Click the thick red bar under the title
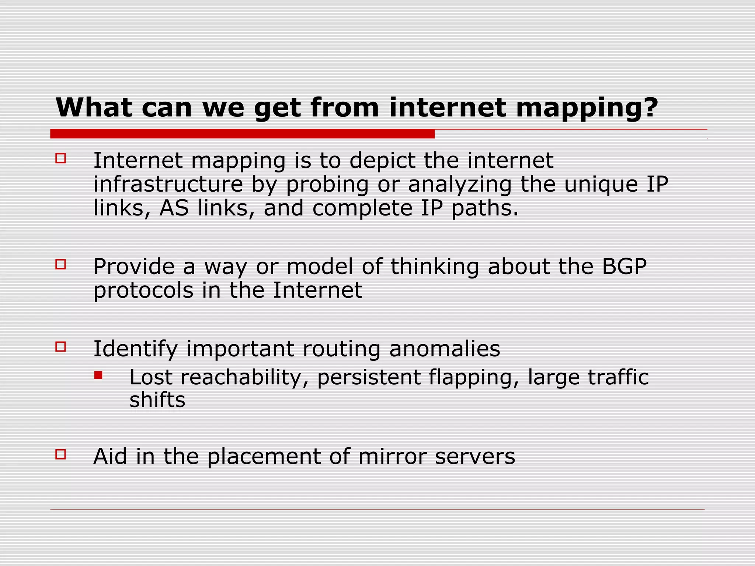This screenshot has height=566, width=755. [242, 134]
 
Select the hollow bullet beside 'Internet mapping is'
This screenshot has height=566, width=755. [60, 158]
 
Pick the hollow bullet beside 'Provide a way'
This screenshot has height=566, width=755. [60, 264]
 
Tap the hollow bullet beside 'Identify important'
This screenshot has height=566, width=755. [60, 347]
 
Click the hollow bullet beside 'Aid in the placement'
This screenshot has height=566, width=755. [60, 454]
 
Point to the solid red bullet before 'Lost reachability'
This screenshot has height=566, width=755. [98, 375]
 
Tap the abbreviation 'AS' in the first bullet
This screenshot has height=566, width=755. [174, 208]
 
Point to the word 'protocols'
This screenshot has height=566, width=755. [143, 291]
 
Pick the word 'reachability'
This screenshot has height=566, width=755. [244, 378]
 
